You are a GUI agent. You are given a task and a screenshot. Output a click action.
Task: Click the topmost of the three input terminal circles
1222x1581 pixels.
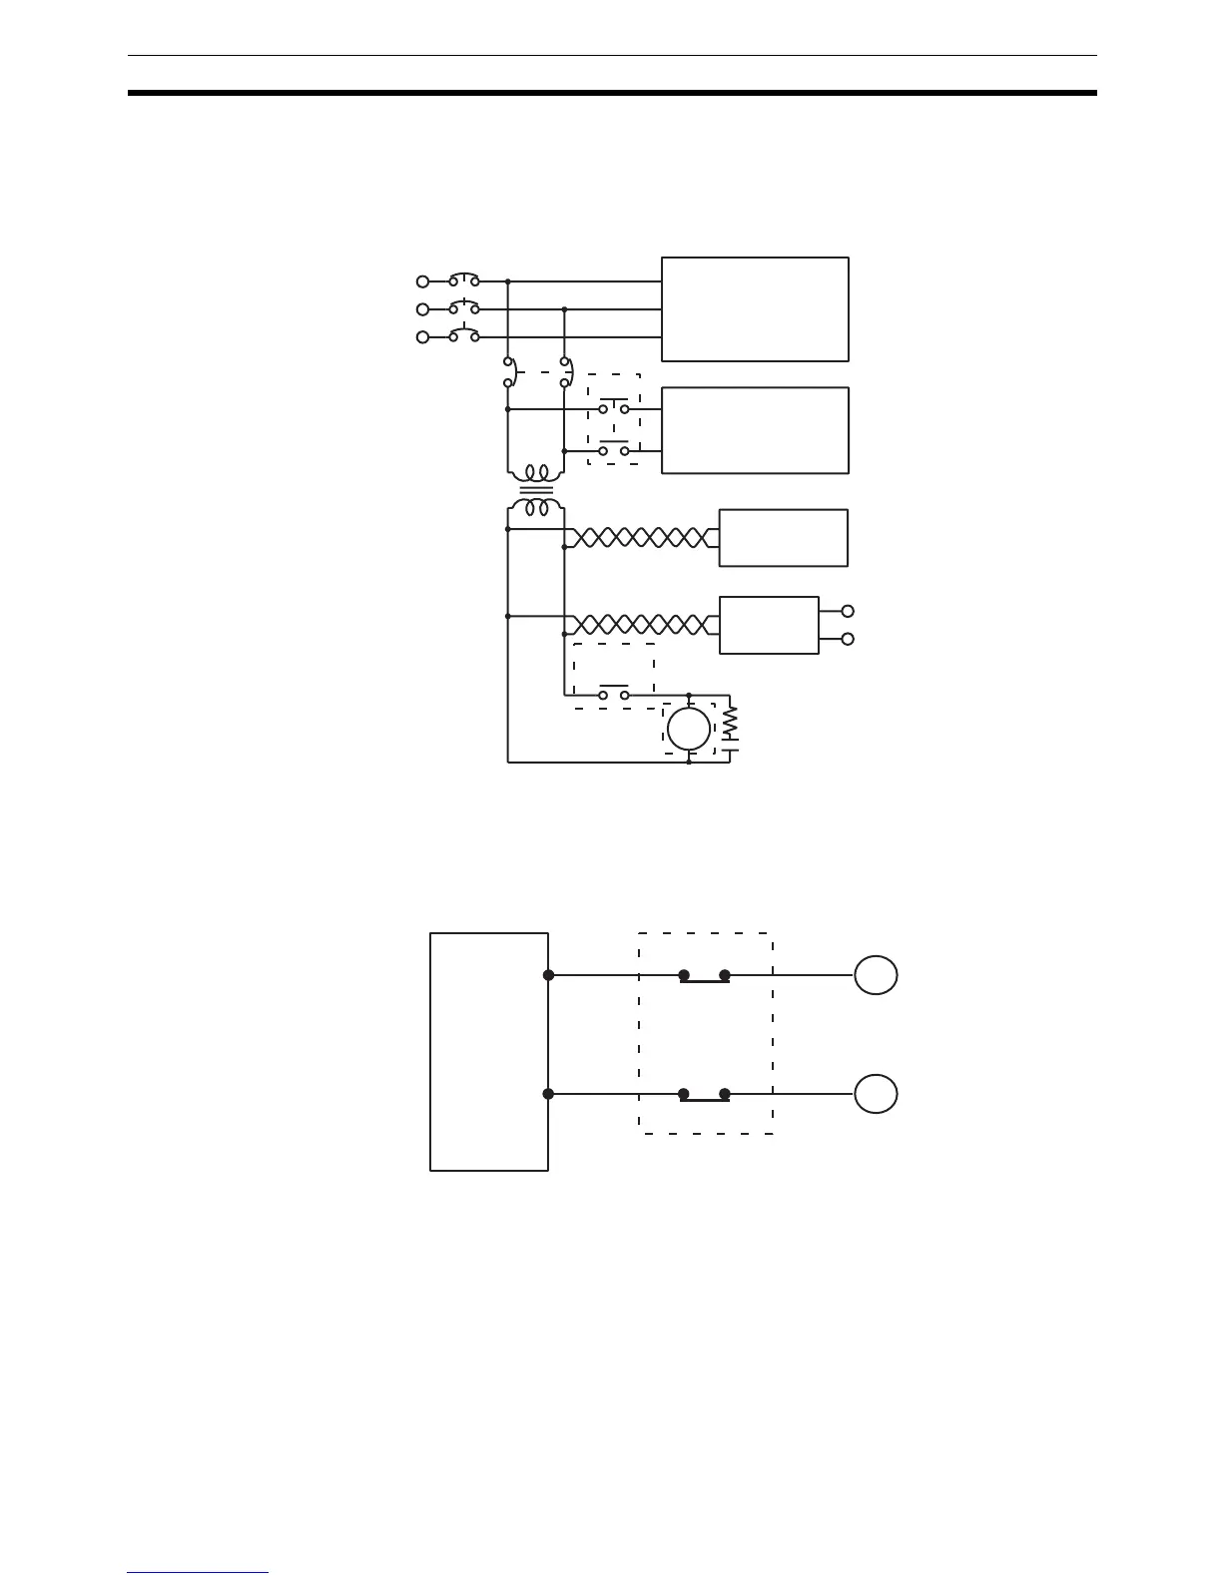422,281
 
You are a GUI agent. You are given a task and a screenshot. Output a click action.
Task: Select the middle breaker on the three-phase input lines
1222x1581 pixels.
463,308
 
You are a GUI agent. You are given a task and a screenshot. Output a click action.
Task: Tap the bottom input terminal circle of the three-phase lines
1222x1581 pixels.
422,337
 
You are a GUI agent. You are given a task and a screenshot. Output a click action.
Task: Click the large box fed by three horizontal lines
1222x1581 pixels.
755,309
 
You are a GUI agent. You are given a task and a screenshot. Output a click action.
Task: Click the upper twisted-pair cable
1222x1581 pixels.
639,538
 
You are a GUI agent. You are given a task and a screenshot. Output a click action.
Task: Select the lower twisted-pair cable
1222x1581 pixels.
639,626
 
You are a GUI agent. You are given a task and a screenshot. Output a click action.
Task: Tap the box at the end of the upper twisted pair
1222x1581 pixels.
783,538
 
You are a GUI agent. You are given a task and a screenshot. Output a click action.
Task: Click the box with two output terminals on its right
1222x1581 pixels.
769,626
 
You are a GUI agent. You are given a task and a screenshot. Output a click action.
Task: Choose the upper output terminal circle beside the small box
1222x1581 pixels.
849,611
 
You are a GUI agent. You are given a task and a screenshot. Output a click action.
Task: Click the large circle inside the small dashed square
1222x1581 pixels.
689,729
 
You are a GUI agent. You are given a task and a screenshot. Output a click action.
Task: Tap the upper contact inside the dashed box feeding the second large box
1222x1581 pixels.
614,407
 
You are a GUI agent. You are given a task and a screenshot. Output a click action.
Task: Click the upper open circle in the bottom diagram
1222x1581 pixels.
876,975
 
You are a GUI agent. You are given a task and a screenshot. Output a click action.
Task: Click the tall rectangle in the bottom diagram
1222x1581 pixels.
489,1052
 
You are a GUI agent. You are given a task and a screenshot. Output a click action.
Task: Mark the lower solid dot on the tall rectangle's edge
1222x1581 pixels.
548,1094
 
